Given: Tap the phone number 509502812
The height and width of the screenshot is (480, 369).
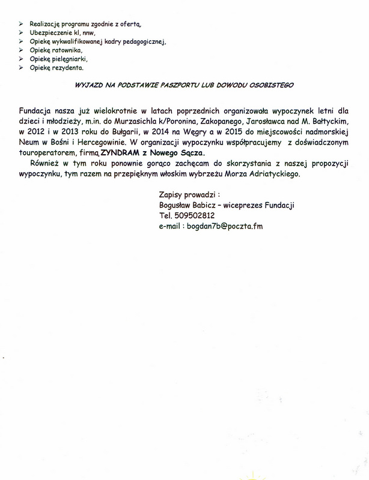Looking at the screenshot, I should [x=196, y=215].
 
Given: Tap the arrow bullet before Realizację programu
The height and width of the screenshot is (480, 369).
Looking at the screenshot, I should [x=22, y=22].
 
